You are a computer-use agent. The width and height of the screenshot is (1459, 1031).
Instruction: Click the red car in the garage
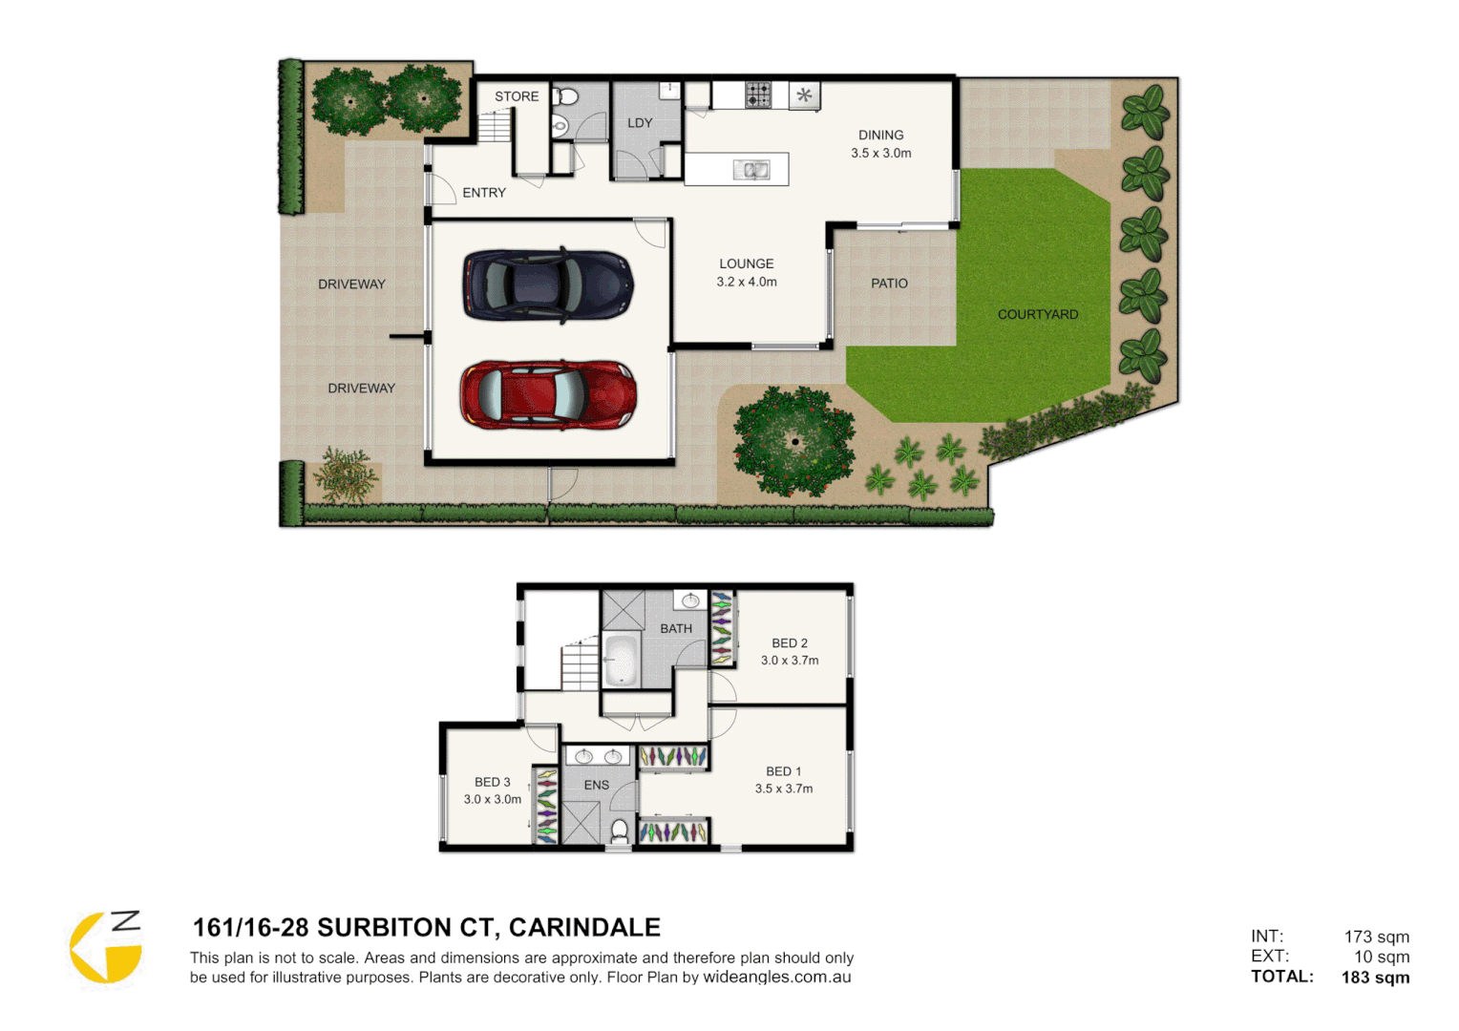pyautogui.click(x=548, y=394)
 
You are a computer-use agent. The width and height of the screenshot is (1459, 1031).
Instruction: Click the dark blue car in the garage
pyautogui.click(x=548, y=284)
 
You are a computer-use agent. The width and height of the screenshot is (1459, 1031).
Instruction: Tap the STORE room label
pyautogui.click(x=517, y=96)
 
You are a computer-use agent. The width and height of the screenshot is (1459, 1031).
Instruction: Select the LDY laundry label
pyautogui.click(x=640, y=123)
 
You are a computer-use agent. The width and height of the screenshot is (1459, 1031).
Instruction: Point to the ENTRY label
pyautogui.click(x=484, y=193)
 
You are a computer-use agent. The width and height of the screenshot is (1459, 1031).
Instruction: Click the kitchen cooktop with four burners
pyautogui.click(x=758, y=95)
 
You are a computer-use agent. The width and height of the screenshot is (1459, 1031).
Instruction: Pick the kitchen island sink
pyautogui.click(x=751, y=170)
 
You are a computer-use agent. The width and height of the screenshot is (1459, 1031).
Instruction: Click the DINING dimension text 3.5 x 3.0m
pyautogui.click(x=881, y=153)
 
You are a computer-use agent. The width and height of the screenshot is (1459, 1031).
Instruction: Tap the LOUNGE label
pyautogui.click(x=747, y=263)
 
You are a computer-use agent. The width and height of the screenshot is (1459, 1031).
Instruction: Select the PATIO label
pyautogui.click(x=889, y=284)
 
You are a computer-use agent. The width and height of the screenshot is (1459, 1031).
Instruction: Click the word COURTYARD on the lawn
pyautogui.click(x=1038, y=314)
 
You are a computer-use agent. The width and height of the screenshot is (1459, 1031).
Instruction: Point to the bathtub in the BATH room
pyautogui.click(x=621, y=659)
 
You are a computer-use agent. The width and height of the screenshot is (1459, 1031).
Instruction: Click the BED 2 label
pyautogui.click(x=790, y=643)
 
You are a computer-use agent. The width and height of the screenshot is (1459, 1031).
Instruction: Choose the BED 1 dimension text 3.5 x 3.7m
pyautogui.click(x=784, y=789)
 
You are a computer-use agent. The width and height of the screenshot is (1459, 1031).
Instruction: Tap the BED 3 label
pyautogui.click(x=493, y=782)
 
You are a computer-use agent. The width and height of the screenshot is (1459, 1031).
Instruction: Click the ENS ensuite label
pyautogui.click(x=597, y=785)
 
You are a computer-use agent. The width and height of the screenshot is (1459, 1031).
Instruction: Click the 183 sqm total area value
pyautogui.click(x=1375, y=978)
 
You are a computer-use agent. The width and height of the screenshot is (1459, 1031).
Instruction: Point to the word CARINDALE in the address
pyautogui.click(x=584, y=928)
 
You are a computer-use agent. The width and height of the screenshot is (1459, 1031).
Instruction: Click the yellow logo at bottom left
pyautogui.click(x=106, y=948)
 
